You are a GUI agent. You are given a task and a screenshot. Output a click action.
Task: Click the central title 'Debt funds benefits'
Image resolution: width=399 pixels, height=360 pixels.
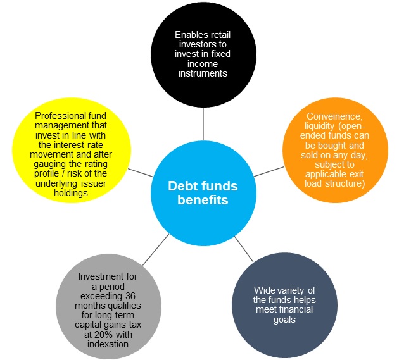pos(203,193)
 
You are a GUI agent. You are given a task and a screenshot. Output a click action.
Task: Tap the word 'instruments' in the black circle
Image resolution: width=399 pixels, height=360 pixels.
pos(203,73)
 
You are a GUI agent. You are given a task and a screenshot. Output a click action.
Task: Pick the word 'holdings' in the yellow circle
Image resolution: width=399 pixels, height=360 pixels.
pos(71,193)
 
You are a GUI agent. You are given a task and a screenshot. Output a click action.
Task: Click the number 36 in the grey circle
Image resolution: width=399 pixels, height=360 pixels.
pos(130,296)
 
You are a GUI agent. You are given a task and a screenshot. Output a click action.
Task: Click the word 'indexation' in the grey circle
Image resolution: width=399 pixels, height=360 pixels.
pos(108,344)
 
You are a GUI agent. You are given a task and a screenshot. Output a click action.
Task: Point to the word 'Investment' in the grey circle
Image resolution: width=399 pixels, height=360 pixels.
pos(108,276)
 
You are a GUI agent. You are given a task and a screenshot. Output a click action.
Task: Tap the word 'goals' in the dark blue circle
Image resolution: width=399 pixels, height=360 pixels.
pos(284,320)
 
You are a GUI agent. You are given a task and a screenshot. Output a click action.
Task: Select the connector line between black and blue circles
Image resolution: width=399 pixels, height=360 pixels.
pos(203,124)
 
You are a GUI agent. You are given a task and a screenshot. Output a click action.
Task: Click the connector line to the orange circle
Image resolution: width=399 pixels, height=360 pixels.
pos(269,171)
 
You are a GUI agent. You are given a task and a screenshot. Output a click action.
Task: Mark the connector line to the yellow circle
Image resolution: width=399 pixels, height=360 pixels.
pos(140,173)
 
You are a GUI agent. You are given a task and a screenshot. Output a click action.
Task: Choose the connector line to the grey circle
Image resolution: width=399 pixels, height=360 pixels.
pos(156,250)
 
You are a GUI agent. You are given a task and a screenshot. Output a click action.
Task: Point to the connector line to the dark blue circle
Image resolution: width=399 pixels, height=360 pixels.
pos(244,249)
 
